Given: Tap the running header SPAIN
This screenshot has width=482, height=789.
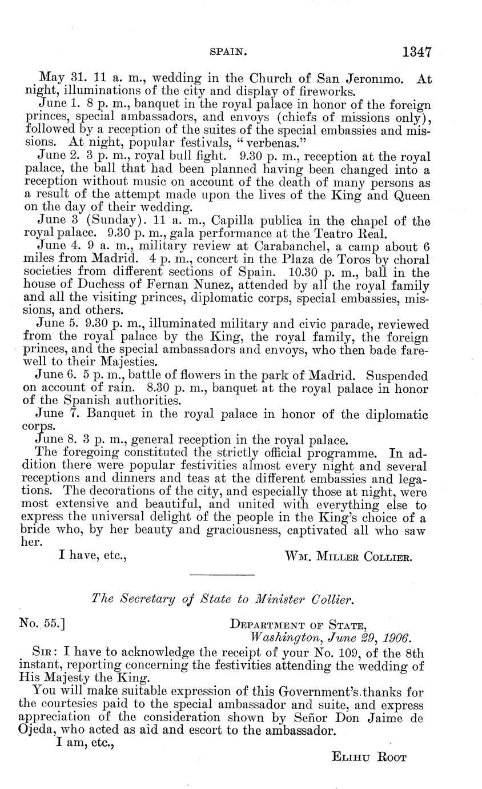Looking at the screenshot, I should (228, 52).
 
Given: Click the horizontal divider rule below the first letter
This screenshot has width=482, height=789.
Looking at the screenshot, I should (221, 575).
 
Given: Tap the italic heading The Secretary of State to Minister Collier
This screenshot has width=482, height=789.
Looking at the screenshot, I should (223, 599).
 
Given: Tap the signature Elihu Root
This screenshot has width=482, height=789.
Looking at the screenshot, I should (368, 758).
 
